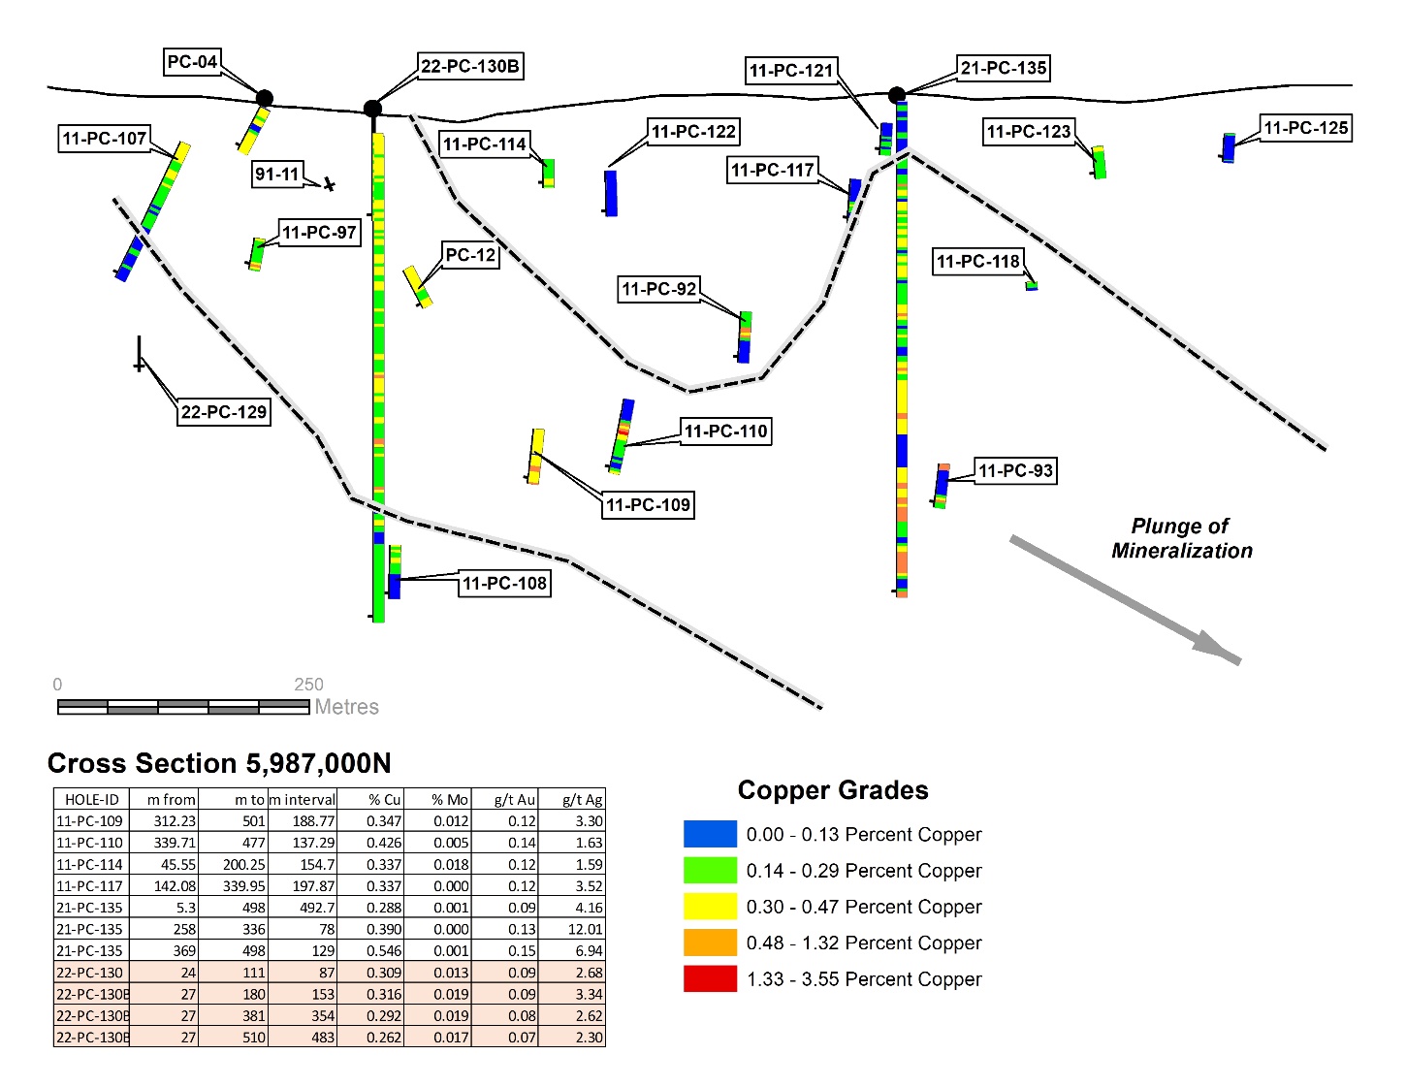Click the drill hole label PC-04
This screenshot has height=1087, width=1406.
(x=192, y=62)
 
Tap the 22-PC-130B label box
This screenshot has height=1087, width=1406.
(x=470, y=66)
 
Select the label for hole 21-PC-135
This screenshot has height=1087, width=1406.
(x=1004, y=68)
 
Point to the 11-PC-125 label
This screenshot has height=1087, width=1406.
(x=1305, y=128)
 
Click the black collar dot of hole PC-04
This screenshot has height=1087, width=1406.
(x=264, y=98)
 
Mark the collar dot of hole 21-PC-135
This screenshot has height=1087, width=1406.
(x=897, y=95)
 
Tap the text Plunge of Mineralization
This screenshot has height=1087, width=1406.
(x=1181, y=538)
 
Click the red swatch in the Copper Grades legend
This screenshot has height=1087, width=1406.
(x=710, y=978)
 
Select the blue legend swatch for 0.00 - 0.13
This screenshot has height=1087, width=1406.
(x=710, y=834)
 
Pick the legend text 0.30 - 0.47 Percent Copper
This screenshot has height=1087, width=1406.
(x=863, y=907)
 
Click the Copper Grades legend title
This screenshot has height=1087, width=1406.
(x=832, y=790)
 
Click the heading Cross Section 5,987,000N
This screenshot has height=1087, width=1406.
(x=219, y=764)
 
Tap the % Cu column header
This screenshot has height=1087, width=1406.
(x=384, y=800)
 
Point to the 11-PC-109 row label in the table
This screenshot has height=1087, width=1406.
(x=90, y=821)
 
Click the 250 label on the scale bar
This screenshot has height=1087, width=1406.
(x=308, y=685)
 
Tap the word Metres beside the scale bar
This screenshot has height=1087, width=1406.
(x=346, y=707)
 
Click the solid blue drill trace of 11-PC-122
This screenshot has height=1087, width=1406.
(x=611, y=193)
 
